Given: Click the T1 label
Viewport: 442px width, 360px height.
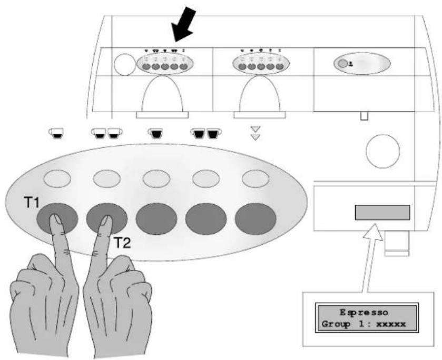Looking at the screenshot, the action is point(32,202).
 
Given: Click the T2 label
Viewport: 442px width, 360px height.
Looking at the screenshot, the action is point(122,243).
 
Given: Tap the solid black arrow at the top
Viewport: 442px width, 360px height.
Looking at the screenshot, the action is point(184,25).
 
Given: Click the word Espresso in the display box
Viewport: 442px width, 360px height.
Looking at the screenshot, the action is point(364,313).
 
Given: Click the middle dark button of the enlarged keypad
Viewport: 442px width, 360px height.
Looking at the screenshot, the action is point(156,218).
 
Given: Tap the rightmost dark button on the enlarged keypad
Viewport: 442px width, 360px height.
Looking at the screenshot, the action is point(256,218).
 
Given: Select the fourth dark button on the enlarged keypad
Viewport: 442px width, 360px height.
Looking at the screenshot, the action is point(206,218).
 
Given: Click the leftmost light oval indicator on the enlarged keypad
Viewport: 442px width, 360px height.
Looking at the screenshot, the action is point(57,178).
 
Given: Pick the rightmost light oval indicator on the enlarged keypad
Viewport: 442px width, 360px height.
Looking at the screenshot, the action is point(256,178).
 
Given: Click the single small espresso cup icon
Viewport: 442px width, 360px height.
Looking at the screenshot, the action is point(57,133).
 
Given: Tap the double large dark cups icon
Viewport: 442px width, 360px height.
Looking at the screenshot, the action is point(206,133).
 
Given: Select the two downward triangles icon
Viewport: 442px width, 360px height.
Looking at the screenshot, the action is point(256,133).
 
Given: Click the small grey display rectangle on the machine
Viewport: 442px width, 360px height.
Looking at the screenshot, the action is point(382,213).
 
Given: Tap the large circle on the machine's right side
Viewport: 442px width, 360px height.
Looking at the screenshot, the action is point(383,151).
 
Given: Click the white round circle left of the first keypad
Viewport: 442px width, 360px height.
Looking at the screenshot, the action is point(125,65).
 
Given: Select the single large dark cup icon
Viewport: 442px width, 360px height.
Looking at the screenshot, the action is point(155,133).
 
